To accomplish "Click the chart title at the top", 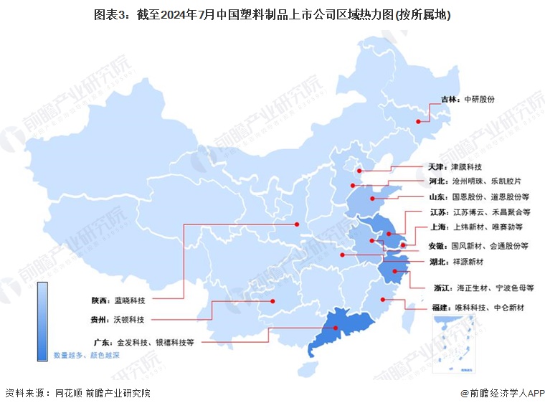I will tap(272, 15).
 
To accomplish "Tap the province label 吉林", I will tap(450, 100).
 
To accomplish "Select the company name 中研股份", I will tap(480, 100).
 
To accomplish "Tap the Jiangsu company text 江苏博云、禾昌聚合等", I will tap(491, 212).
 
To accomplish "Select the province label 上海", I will tap(439, 228).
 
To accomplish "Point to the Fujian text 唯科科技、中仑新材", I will tap(490, 308).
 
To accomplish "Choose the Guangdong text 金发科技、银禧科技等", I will tap(153, 343).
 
